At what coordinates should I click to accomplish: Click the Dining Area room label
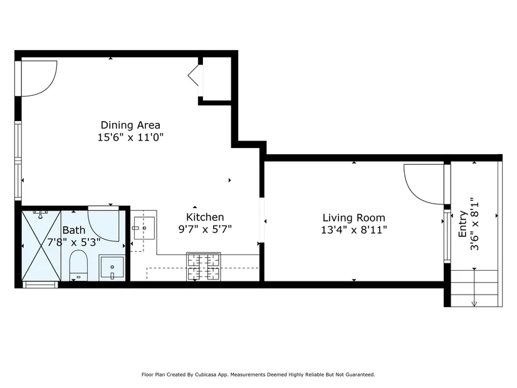tap(130, 125)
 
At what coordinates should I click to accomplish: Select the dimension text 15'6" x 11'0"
tap(130, 137)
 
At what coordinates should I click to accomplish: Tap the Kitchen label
tap(205, 217)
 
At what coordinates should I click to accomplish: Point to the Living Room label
tap(354, 218)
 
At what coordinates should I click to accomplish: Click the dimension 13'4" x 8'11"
tap(354, 229)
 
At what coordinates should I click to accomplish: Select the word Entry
tap(463, 224)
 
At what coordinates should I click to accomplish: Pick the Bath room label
tap(74, 230)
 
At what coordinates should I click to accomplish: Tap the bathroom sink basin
tap(112, 267)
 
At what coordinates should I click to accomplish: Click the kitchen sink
tap(144, 228)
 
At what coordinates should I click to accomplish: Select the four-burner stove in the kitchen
tap(204, 266)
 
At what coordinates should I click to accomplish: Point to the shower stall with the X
tap(41, 246)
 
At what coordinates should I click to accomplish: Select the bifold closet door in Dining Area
tap(195, 75)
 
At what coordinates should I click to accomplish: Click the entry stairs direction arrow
tap(474, 287)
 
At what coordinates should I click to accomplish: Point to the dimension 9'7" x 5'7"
tap(205, 229)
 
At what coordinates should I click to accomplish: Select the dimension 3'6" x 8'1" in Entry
tap(474, 224)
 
